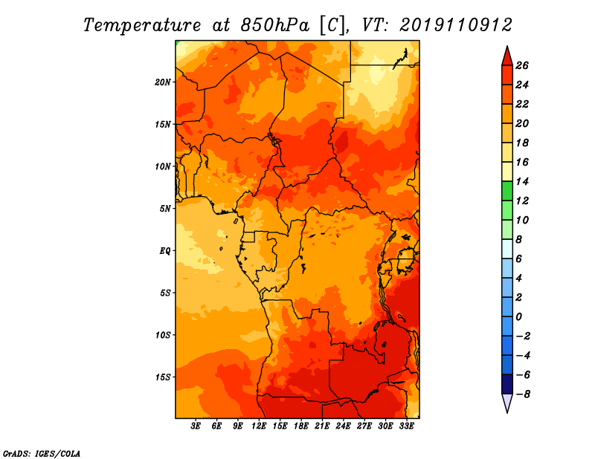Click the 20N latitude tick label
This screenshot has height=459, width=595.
[x=163, y=82]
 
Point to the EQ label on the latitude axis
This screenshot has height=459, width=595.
[x=164, y=251]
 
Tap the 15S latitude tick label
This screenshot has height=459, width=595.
[x=164, y=377]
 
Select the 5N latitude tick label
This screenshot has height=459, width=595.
[x=165, y=209]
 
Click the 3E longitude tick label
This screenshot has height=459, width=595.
[x=196, y=426]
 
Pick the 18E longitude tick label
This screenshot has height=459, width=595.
[x=301, y=426]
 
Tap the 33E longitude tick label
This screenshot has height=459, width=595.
[x=406, y=426]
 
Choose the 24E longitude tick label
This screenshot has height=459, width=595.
[x=343, y=426]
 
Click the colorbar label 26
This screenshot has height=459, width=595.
[x=522, y=65]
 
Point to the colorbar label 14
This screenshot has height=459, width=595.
[x=522, y=181]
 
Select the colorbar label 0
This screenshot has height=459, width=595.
[x=519, y=317]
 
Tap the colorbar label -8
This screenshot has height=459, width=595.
[x=523, y=394]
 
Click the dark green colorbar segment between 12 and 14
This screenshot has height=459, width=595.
[x=507, y=191]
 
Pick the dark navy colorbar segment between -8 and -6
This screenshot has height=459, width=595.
[x=507, y=384]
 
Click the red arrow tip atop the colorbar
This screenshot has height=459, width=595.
[x=507, y=46]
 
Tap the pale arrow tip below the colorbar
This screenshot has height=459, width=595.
[x=507, y=412]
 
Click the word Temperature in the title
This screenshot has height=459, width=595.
[x=142, y=25]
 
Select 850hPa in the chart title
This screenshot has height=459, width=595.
[x=275, y=25]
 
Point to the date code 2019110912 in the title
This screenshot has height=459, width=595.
[x=456, y=25]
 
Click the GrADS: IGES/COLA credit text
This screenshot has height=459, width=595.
[x=42, y=453]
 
